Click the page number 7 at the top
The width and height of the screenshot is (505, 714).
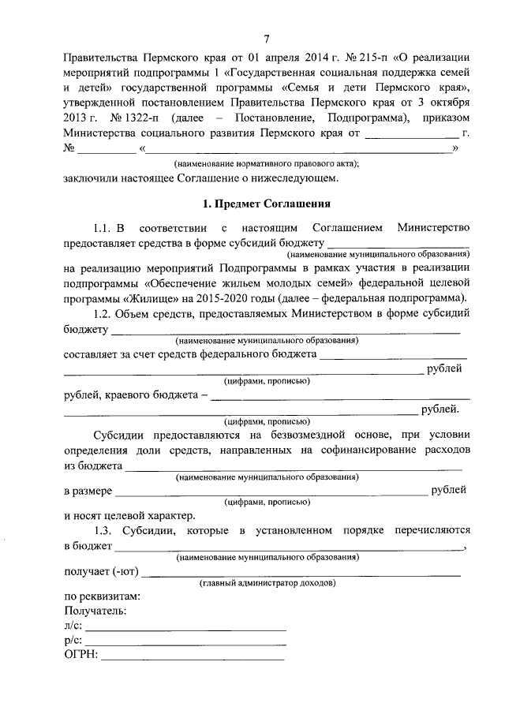tap(267, 39)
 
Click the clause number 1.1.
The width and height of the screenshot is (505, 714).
tap(105, 227)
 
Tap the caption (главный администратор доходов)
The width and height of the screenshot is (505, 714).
tap(266, 584)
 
